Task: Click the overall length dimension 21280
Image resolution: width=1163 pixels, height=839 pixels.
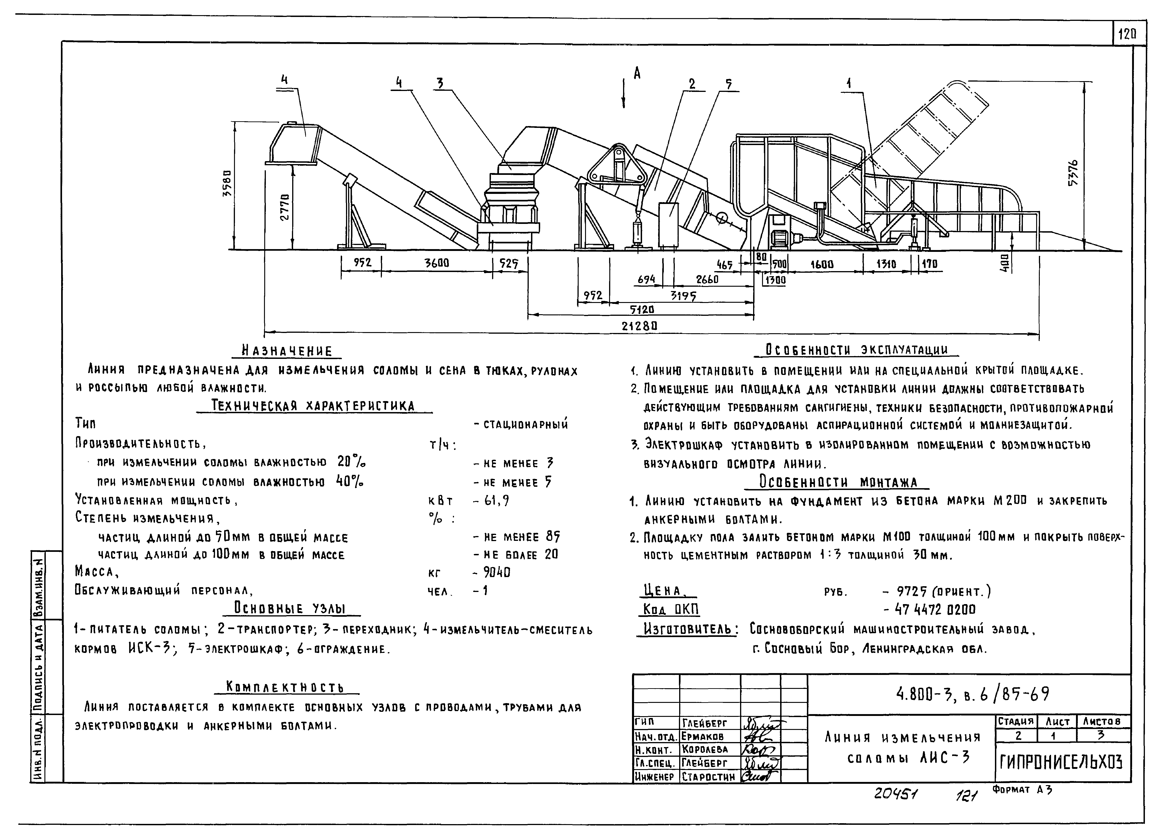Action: pos(640,326)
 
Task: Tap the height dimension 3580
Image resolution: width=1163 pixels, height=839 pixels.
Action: pos(227,186)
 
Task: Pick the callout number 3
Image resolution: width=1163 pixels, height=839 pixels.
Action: pos(439,83)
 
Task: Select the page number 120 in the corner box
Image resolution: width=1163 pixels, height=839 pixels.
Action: pos(1128,34)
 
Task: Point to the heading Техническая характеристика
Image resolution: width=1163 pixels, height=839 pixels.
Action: pos(313,406)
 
